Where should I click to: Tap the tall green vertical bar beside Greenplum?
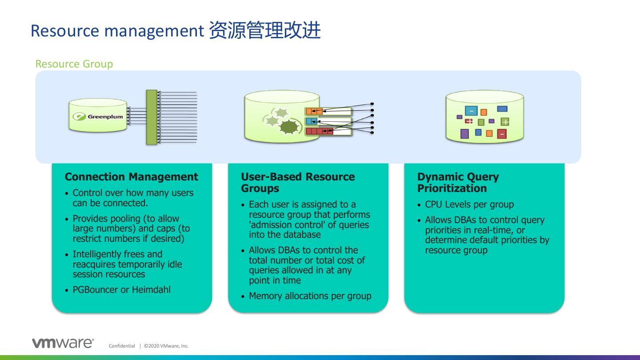click(x=152, y=117)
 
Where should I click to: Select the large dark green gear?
click(x=288, y=127)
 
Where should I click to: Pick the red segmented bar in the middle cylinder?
click(x=319, y=131)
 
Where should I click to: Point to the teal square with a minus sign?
click(x=471, y=111)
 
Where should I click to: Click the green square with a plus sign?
click(x=505, y=121)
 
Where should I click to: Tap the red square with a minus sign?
click(x=502, y=134)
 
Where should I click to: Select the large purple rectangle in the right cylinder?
click(x=464, y=134)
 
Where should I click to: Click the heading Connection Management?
click(x=132, y=177)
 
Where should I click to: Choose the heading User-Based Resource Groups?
click(x=298, y=183)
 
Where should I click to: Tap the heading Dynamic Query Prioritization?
click(x=458, y=183)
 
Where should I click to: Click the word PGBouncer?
click(x=95, y=290)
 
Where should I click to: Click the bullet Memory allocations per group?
click(x=310, y=296)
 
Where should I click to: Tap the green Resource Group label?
click(x=74, y=64)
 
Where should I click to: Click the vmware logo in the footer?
click(x=63, y=343)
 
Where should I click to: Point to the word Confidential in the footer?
click(x=122, y=346)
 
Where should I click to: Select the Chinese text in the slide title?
click(x=264, y=31)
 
